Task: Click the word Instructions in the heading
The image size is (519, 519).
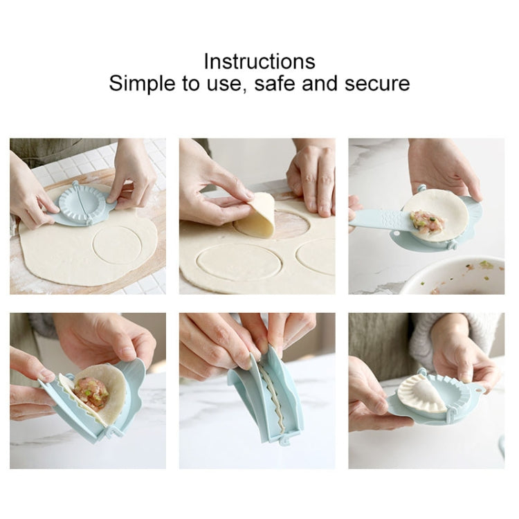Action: (x=259, y=61)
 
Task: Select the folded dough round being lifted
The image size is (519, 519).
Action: (x=255, y=216)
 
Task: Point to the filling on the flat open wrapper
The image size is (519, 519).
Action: (x=426, y=221)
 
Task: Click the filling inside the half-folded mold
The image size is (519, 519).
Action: (x=91, y=392)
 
